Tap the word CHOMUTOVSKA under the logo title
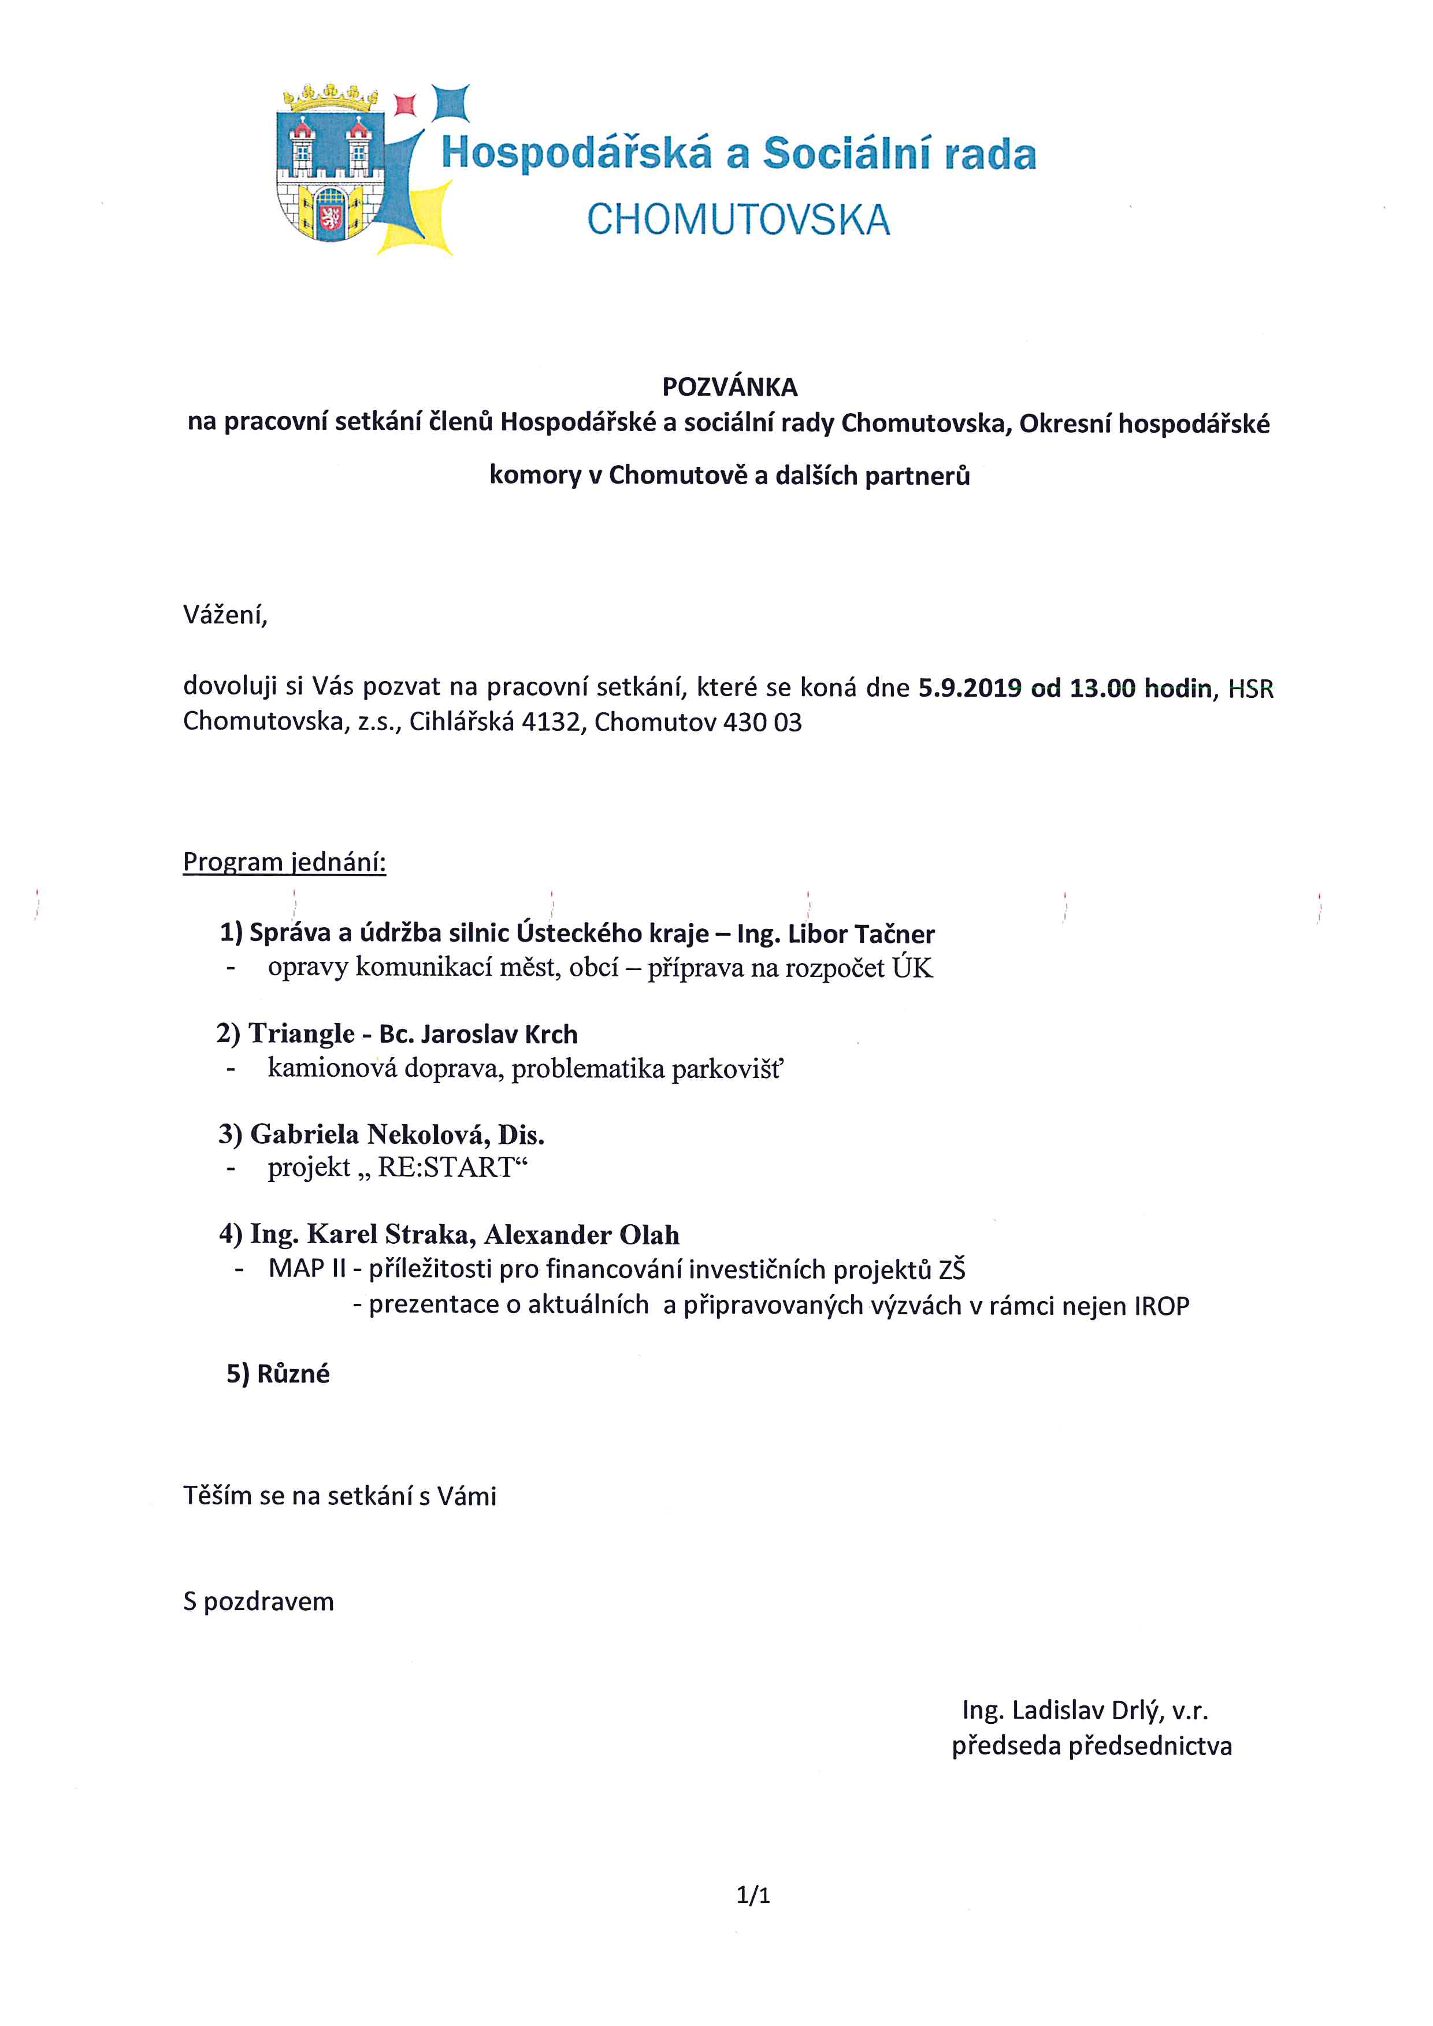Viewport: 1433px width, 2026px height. (738, 220)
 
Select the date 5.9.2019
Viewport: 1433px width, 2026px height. (970, 687)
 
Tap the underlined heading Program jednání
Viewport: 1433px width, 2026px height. (284, 861)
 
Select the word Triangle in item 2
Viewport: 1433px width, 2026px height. (302, 1034)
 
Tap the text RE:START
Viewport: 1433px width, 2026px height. (446, 1168)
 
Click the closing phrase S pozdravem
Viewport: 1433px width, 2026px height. (258, 1601)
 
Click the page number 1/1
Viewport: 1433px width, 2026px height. (753, 1894)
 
